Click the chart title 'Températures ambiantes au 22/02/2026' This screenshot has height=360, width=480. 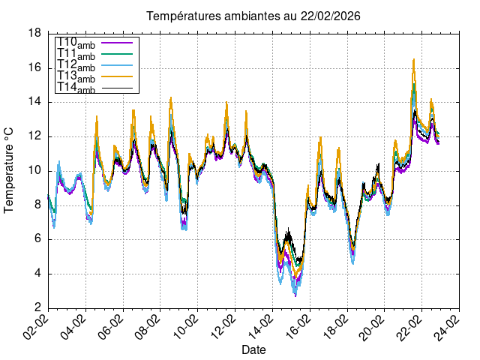pos(247,16)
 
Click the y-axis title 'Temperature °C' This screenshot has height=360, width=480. pos(9,169)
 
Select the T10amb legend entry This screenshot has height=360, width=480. pos(76,43)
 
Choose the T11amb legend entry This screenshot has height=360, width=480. pos(76,55)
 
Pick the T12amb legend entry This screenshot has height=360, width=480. pos(76,66)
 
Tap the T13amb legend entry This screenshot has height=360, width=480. pos(76,77)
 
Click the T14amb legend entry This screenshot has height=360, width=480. pos(76,88)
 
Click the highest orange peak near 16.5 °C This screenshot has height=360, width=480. pos(413,60)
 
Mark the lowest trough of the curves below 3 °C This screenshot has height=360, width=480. pos(295,295)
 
